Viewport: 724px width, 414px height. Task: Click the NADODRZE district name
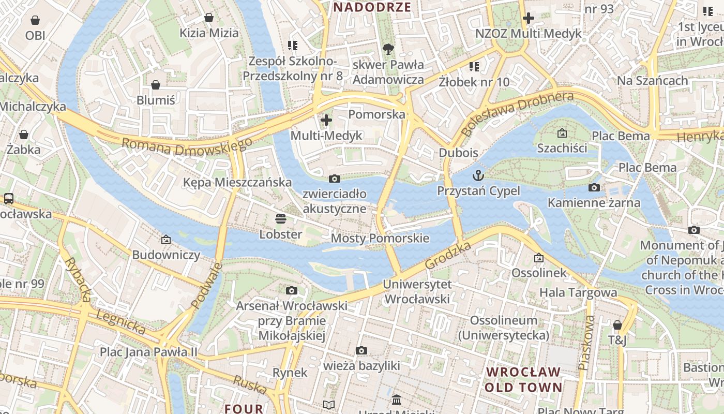372,7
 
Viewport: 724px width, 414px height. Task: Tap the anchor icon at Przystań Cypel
478,175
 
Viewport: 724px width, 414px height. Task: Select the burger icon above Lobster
281,219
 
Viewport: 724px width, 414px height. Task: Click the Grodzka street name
448,256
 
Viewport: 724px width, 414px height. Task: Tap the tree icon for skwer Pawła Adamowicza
388,49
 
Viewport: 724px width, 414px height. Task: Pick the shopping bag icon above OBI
35,20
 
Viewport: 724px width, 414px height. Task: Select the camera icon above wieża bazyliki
361,351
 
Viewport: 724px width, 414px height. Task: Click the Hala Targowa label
578,292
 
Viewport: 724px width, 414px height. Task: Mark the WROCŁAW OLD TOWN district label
524,379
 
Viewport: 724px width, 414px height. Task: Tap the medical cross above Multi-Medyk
326,121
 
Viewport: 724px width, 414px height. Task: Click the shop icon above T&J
617,325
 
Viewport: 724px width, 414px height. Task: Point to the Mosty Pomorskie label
380,238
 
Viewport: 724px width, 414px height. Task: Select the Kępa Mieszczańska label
237,182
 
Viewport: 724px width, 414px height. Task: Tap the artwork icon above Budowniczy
166,240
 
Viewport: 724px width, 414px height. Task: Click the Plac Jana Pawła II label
149,352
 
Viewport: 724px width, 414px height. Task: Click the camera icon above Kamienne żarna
594,187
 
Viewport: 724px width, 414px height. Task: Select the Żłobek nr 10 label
474,82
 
